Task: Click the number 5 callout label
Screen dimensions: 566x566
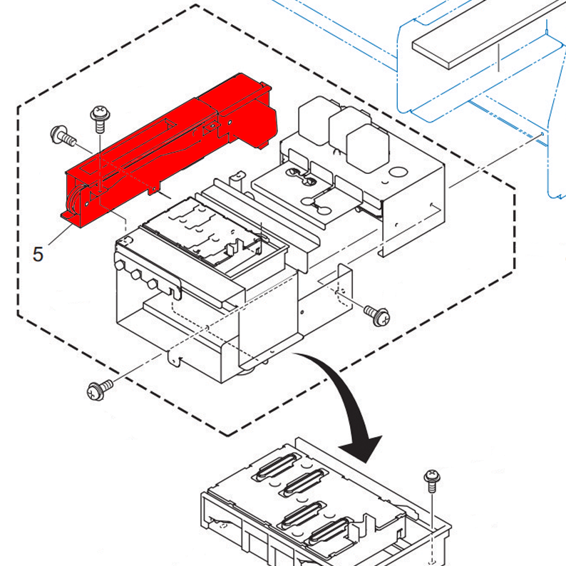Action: (x=38, y=253)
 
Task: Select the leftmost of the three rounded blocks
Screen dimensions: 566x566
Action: (x=312, y=118)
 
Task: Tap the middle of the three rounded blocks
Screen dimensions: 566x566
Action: (x=344, y=128)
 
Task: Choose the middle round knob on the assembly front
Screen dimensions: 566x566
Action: (x=135, y=274)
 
